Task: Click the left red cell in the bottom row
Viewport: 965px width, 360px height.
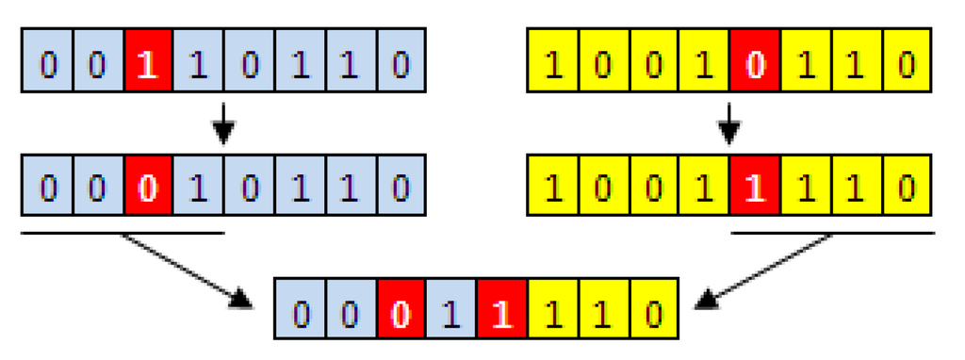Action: [401, 309]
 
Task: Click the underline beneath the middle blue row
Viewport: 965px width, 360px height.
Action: [123, 231]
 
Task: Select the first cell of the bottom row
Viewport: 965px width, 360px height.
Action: [300, 309]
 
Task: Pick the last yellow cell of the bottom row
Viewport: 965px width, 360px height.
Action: [653, 309]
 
